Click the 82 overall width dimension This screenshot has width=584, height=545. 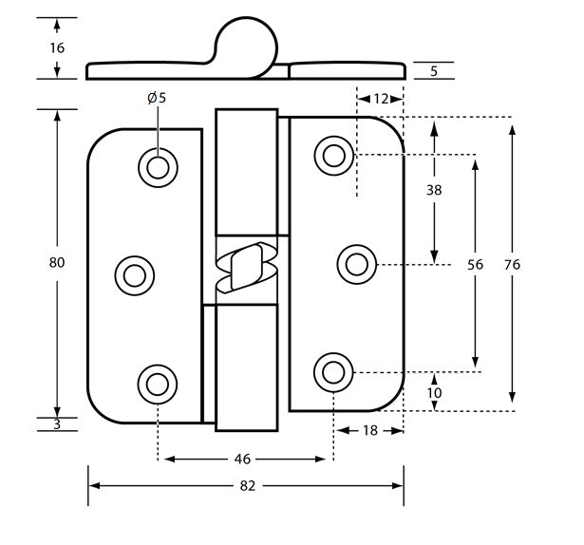247,485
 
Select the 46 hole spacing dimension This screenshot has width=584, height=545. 242,459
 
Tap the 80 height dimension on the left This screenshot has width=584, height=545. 57,262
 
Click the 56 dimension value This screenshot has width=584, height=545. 475,266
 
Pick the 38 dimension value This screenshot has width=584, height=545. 434,190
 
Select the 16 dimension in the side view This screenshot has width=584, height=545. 57,47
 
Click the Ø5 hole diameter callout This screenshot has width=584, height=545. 157,97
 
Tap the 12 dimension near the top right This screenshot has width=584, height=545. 381,98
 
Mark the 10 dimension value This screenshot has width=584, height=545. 434,392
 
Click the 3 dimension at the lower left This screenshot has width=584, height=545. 57,424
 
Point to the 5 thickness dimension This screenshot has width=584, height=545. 433,69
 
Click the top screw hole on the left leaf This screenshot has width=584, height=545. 158,167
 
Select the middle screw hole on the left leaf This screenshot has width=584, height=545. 134,275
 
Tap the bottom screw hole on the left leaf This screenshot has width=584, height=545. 158,384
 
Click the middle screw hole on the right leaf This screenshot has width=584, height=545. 357,262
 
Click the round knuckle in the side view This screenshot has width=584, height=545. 248,43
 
